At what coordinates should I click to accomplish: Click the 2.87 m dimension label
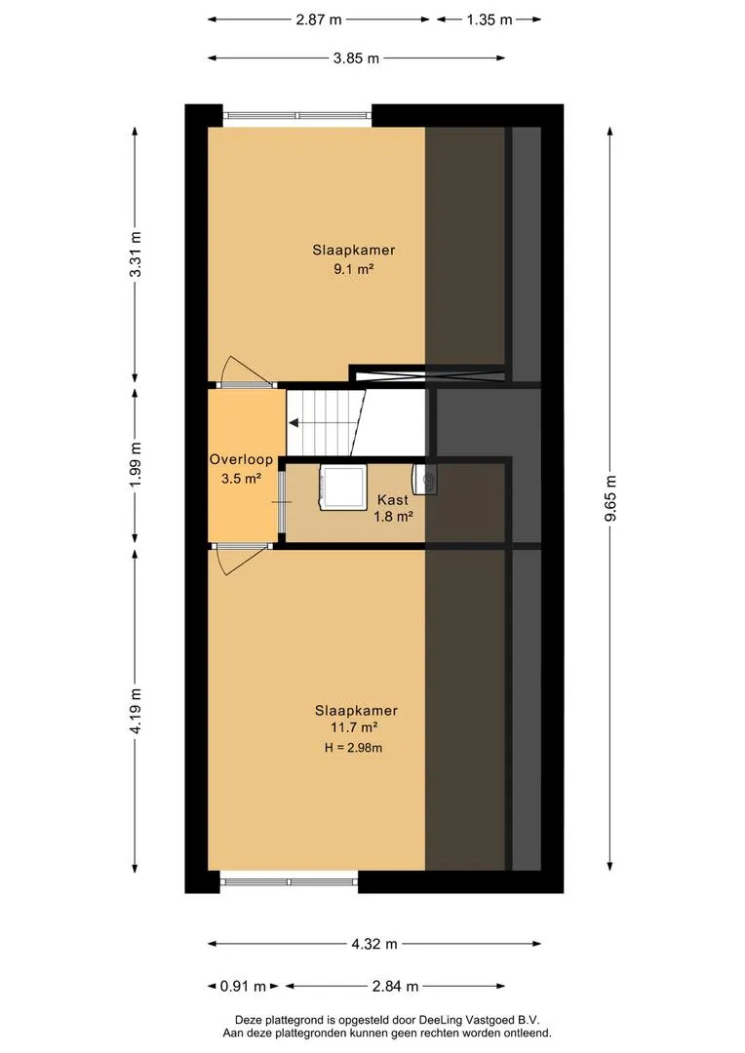[319, 19]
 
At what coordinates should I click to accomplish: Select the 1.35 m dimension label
[490, 19]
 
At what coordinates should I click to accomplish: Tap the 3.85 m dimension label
[356, 58]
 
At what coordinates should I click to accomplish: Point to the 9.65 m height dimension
[610, 497]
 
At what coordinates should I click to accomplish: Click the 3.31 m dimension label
[136, 253]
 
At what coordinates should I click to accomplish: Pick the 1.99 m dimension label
[136, 465]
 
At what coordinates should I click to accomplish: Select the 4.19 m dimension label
[136, 711]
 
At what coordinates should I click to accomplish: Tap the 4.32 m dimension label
[374, 944]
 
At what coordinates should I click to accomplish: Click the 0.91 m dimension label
[243, 987]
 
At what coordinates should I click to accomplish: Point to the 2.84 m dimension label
[395, 987]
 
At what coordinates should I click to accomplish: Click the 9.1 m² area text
[354, 269]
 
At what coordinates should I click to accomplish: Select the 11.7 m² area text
[354, 727]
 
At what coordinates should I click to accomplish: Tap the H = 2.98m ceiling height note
[353, 748]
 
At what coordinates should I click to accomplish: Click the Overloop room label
[241, 460]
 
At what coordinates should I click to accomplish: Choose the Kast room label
[393, 499]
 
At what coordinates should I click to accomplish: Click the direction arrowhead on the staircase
[294, 422]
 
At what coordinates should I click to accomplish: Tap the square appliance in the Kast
[342, 487]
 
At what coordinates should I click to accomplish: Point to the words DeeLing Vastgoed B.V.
[480, 1020]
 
